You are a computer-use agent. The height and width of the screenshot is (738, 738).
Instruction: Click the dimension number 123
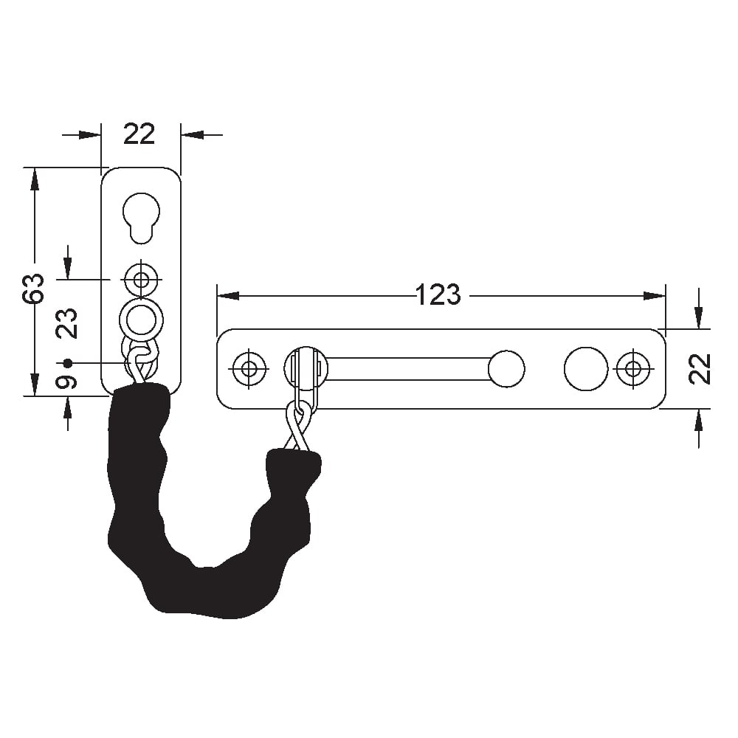tap(438, 295)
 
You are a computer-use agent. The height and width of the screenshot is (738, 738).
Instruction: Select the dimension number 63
tap(35, 288)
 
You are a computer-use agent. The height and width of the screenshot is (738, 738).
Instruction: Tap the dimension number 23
tap(67, 323)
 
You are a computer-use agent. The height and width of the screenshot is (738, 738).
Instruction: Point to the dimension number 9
tap(67, 382)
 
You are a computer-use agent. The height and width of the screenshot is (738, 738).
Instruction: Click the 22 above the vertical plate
tap(139, 134)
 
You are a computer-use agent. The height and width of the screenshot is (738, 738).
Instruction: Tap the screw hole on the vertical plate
tap(141, 280)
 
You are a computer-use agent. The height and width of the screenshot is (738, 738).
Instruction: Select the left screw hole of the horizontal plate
tap(249, 368)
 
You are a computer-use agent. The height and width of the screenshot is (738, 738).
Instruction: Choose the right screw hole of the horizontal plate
tap(633, 368)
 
